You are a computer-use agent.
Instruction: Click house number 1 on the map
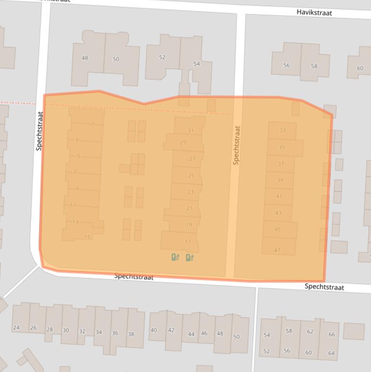tap(93, 124)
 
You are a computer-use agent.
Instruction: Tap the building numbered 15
tap(87, 237)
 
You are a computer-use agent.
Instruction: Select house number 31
tap(191, 130)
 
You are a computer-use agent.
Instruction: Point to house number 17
tap(188, 242)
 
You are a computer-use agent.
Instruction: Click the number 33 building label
tap(282, 130)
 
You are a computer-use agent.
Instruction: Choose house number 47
tap(277, 250)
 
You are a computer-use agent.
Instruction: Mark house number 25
tap(192, 175)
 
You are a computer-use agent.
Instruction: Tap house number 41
tap(279, 196)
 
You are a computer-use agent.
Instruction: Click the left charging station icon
tap(175, 257)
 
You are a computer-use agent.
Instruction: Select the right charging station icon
tap(190, 257)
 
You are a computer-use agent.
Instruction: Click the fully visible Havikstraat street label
tap(314, 13)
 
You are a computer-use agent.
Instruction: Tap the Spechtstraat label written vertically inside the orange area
tap(236, 145)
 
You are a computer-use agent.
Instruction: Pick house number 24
tap(16, 328)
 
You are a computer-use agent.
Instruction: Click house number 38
tap(131, 334)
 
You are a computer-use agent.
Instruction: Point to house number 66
tap(331, 334)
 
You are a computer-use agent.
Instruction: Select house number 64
tap(331, 353)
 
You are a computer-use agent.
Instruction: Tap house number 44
tap(192, 334)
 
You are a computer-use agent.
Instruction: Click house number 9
tap(77, 189)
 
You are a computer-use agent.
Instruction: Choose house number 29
tap(183, 142)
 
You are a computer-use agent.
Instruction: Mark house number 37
tap(281, 164)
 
